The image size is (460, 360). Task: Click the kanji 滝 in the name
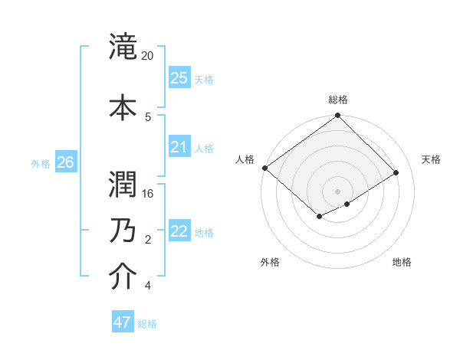(x=123, y=45)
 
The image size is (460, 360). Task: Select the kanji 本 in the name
(x=123, y=106)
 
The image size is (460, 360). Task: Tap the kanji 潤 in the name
(x=123, y=184)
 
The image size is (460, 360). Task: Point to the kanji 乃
(x=123, y=231)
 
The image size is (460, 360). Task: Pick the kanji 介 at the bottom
(x=123, y=277)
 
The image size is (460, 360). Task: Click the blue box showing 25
(x=179, y=78)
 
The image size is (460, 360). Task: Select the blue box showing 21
(x=179, y=147)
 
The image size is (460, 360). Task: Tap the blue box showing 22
(x=179, y=232)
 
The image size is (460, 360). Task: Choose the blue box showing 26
(x=65, y=162)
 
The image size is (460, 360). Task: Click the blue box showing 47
(x=123, y=322)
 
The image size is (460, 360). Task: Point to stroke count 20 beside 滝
(x=148, y=56)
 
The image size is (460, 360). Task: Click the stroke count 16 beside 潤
(x=149, y=194)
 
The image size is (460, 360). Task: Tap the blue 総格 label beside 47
(x=147, y=324)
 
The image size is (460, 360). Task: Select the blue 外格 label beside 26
(x=41, y=163)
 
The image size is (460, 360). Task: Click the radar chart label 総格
(x=337, y=100)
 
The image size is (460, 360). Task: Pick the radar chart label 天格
(x=431, y=159)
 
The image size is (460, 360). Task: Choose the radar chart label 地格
(x=402, y=262)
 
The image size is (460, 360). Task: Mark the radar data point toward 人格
(x=264, y=168)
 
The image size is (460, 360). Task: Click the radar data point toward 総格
(x=337, y=116)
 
